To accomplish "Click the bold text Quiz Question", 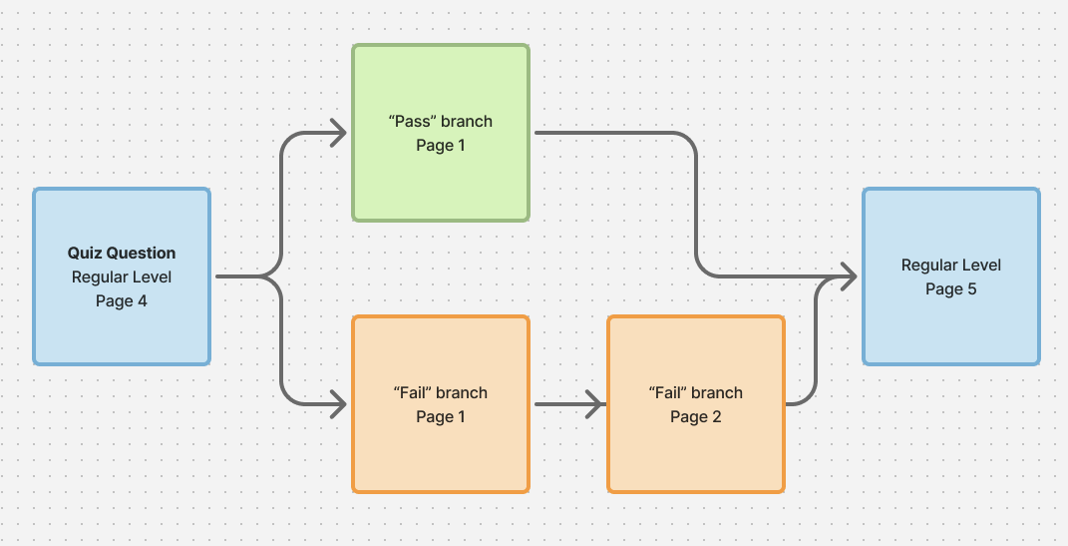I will click(x=122, y=254).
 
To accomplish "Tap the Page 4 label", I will click(x=122, y=300).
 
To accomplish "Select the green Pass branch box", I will click(x=440, y=180).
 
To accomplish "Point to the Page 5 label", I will click(x=951, y=289).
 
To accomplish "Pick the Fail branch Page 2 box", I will click(x=695, y=449).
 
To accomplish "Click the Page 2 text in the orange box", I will click(x=695, y=416).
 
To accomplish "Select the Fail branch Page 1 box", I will click(x=440, y=449).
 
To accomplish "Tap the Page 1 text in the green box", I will click(x=440, y=146).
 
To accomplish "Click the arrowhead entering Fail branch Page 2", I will click(x=595, y=404).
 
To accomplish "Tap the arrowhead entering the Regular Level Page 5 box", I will click(x=849, y=276).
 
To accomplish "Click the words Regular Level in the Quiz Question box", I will click(x=122, y=277).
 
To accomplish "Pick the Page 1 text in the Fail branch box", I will click(x=440, y=416).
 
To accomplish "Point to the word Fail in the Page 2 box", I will click(x=667, y=392).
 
